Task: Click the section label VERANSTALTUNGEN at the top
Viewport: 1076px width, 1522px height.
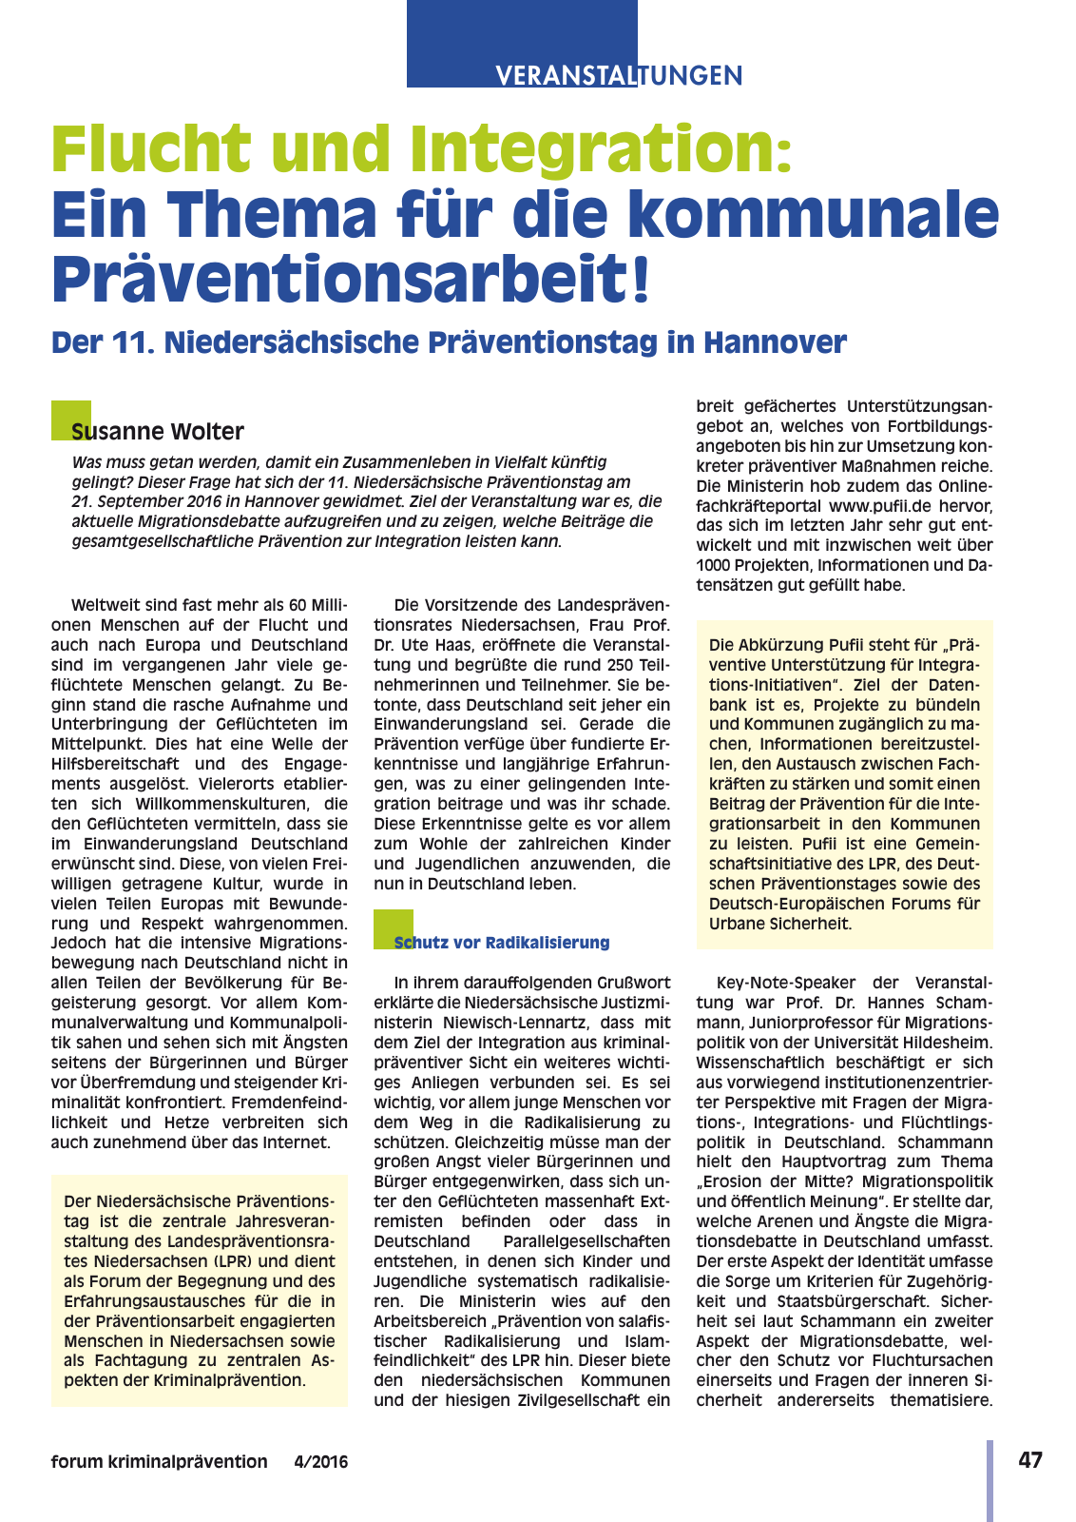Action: point(619,76)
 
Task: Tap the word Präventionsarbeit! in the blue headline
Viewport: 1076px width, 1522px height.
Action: point(352,276)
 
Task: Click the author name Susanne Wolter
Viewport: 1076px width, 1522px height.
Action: point(158,432)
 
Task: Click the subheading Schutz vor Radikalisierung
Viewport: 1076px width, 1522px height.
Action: point(502,943)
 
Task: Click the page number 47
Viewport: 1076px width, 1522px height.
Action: point(1030,1460)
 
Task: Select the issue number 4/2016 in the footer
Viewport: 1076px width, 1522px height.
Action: point(321,1462)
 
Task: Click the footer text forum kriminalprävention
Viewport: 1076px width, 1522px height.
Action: point(160,1462)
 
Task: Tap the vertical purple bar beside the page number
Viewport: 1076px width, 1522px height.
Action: point(990,1480)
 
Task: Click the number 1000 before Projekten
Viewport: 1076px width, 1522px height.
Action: point(714,565)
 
